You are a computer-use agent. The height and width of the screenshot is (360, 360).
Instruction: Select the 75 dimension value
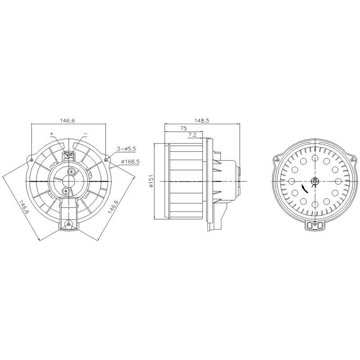[183, 128]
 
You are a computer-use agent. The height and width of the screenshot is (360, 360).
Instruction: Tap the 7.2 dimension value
[192, 135]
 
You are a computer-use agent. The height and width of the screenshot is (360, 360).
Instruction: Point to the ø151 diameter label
[151, 180]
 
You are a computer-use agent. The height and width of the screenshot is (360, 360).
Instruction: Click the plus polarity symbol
[52, 134]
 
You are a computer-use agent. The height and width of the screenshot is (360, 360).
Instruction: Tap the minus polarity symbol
[85, 134]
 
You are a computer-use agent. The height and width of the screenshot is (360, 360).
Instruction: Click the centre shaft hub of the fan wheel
[315, 181]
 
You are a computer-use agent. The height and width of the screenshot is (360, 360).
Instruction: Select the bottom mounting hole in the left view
[68, 224]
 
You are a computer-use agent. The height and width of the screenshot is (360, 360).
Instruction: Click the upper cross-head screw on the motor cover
[72, 171]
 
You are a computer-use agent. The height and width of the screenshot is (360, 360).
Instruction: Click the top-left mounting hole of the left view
[31, 160]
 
